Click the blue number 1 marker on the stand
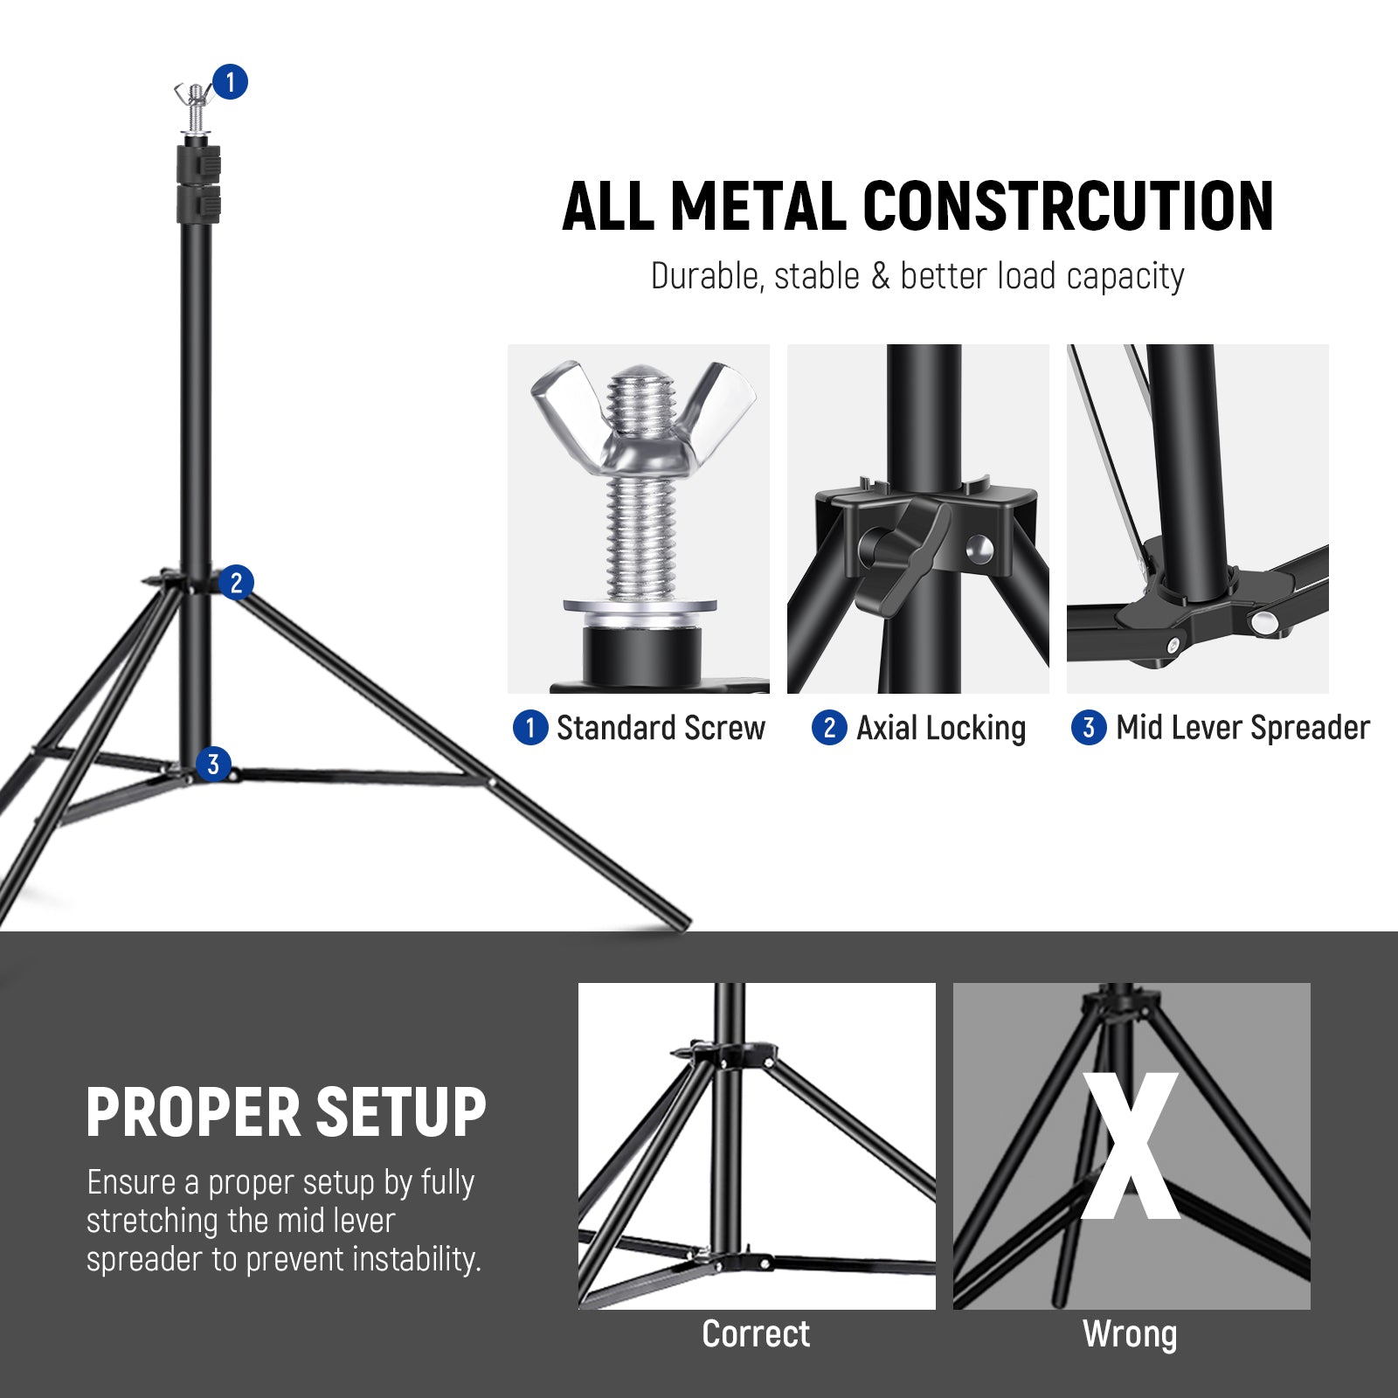coord(230,82)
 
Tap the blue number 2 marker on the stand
coord(236,583)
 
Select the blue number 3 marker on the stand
coord(213,765)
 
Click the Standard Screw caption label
coord(660,728)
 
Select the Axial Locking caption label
coord(940,728)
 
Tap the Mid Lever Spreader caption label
coord(1242,728)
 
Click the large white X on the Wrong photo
coord(1131,1146)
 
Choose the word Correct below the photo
coord(756,1334)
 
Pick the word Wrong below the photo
coord(1130,1334)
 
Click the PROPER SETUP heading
coord(286,1113)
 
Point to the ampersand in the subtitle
coord(880,277)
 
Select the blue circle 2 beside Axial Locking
coord(829,728)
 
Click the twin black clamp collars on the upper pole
coord(198,184)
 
